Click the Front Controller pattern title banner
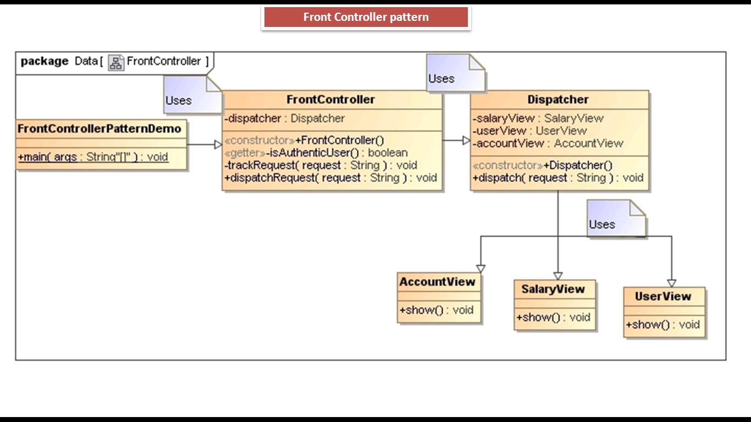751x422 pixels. (366, 17)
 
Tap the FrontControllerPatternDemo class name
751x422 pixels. (100, 129)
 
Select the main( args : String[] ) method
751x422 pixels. (93, 157)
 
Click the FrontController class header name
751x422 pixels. (330, 99)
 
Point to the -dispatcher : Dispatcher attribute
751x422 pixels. (285, 119)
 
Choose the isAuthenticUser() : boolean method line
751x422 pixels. (316, 153)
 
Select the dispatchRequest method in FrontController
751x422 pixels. (330, 178)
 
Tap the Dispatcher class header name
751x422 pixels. (558, 99)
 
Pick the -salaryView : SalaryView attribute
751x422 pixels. (538, 118)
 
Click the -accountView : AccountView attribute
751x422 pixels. (548, 143)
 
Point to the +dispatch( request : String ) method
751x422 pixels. (558, 178)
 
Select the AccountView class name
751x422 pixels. (437, 282)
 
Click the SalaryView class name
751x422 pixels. (553, 289)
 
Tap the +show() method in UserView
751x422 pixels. (662, 325)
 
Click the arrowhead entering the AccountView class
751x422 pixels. (481, 269)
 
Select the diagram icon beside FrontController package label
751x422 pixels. (116, 62)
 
